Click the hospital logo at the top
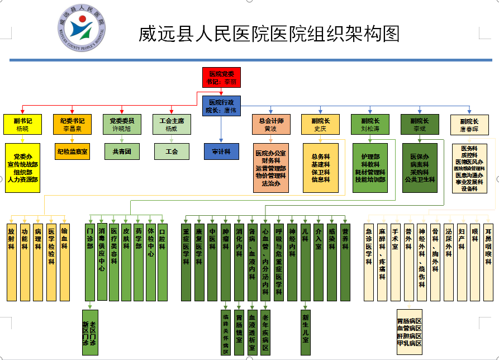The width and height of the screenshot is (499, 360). tap(82, 29)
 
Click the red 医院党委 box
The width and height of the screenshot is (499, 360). tap(222, 77)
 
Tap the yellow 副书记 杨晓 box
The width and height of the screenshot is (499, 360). tap(23, 124)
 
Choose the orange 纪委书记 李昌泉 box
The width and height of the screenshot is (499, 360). tap(72, 124)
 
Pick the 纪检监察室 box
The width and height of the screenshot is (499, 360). tap(72, 151)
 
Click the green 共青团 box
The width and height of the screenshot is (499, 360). tap(122, 151)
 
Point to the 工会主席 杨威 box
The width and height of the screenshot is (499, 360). tap(171, 124)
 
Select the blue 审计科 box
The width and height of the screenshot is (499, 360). tap(221, 151)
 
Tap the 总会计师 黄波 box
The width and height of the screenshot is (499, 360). tap(271, 124)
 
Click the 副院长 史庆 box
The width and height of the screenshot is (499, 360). tap(320, 124)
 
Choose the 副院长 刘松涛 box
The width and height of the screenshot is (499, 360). tap(370, 124)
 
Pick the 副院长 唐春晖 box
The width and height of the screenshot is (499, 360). tap(469, 124)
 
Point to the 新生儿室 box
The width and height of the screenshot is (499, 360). tap(306, 332)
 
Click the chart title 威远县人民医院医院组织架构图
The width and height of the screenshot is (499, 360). tap(269, 34)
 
